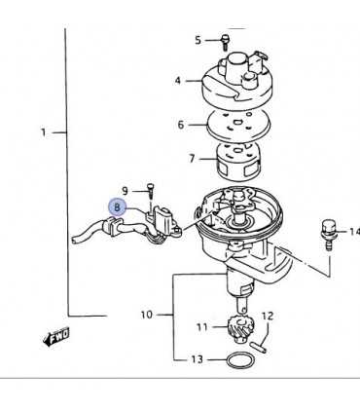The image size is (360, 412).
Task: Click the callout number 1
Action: tap(45, 131)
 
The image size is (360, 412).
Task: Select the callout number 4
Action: tap(178, 80)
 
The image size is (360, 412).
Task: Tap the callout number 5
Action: tap(198, 40)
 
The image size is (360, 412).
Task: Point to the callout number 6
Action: tap(180, 125)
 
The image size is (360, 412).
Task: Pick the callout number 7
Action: tap(192, 158)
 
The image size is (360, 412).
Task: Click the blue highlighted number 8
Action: tap(118, 206)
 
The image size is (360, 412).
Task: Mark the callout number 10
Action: tap(147, 315)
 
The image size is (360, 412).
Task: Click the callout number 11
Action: tap(202, 327)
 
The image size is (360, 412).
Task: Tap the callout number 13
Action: tap(198, 359)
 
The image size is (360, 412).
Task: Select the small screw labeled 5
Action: tap(224, 40)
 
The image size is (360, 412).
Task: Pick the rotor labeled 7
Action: tap(234, 158)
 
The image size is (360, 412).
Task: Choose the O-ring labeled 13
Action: tap(237, 360)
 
